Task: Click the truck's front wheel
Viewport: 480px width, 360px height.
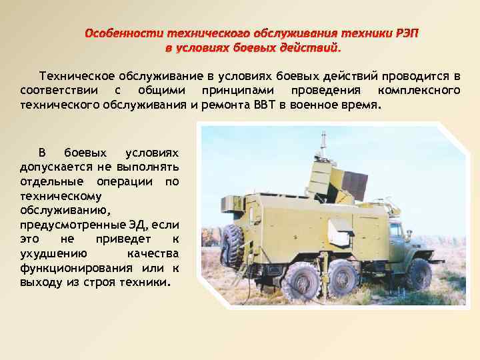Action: [419, 274]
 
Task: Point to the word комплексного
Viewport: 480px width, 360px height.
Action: [418, 90]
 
